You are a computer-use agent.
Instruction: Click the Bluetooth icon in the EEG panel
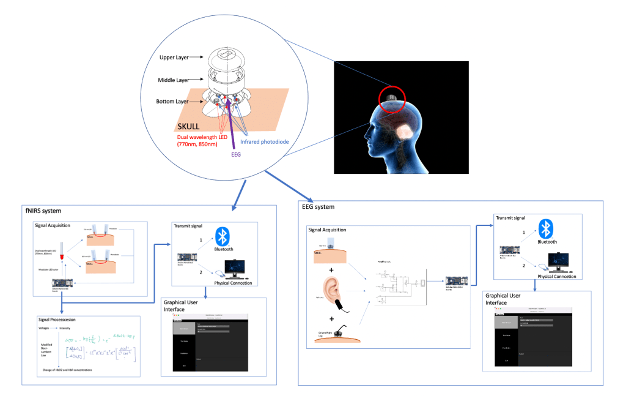coord(548,229)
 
